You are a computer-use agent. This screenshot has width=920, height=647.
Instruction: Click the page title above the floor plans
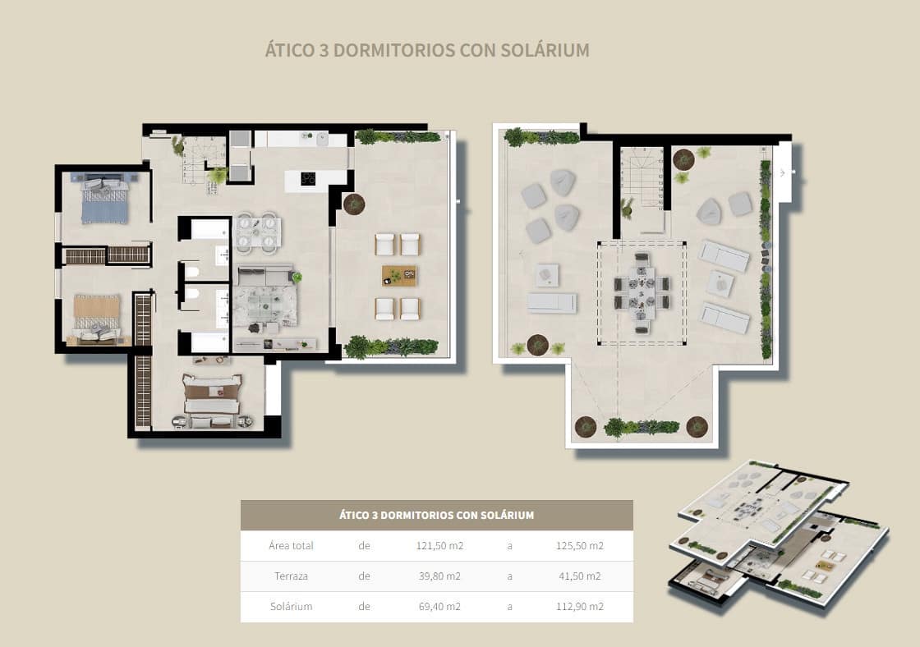pos(426,50)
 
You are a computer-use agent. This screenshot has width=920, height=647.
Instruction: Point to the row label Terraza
pos(291,576)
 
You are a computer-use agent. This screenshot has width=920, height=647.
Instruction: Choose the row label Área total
pos(291,546)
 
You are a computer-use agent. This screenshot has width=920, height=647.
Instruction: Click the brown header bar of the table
pos(436,516)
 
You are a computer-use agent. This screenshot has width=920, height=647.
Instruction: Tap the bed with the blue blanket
pos(104,202)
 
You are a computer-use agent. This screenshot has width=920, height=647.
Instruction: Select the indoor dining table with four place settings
pos(258,231)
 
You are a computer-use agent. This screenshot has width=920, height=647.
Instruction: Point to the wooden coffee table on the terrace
pos(398,276)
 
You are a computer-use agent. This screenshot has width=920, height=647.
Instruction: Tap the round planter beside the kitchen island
pos(354,204)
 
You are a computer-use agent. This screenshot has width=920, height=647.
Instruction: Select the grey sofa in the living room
pos(264,276)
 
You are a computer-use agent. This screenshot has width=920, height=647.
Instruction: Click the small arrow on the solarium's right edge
pos(783,172)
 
